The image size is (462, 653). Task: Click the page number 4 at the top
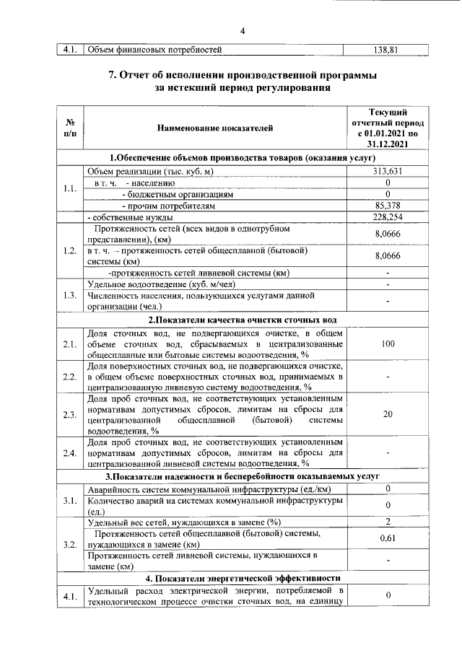243,30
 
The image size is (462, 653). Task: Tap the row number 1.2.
70,250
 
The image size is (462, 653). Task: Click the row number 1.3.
70,295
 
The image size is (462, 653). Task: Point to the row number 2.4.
70,452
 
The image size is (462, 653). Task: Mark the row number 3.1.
70,501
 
